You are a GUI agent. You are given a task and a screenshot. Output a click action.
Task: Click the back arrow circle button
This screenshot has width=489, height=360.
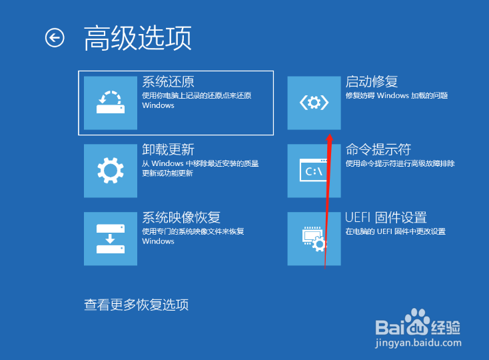(55, 38)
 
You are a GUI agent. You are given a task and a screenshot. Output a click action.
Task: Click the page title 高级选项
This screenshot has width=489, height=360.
(137, 38)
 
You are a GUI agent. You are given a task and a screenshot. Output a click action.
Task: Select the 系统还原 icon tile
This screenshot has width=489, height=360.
(111, 103)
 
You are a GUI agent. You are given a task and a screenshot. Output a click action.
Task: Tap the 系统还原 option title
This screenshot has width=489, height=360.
(168, 82)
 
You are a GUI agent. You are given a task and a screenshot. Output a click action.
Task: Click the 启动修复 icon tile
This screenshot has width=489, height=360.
(314, 103)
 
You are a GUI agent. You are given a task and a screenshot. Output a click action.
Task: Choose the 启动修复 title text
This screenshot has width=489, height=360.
(372, 82)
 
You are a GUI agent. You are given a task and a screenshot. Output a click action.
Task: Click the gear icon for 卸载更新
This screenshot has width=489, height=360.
(111, 171)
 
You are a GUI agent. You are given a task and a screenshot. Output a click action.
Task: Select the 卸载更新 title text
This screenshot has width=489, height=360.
(168, 150)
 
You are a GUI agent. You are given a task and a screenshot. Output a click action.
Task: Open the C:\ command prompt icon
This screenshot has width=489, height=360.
(313, 170)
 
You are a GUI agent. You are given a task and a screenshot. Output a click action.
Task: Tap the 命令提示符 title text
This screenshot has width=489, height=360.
(378, 150)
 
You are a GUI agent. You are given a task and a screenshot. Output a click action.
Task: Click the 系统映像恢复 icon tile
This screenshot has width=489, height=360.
(111, 239)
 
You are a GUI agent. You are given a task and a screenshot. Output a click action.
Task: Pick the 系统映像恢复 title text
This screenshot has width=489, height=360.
(181, 218)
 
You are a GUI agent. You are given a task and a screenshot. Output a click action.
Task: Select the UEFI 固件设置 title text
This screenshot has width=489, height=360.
(386, 218)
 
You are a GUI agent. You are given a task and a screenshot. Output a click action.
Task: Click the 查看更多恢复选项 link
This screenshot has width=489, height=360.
(137, 305)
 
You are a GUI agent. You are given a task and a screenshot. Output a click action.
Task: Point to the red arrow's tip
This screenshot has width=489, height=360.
(330, 135)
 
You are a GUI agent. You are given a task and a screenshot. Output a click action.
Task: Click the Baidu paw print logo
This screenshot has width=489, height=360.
(417, 321)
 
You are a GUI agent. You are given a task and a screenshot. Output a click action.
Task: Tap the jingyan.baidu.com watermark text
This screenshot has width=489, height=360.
(418, 343)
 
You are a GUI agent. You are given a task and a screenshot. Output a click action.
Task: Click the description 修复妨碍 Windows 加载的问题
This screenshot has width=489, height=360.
(396, 95)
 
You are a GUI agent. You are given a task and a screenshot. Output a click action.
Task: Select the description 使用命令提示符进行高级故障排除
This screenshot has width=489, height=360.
(400, 163)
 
